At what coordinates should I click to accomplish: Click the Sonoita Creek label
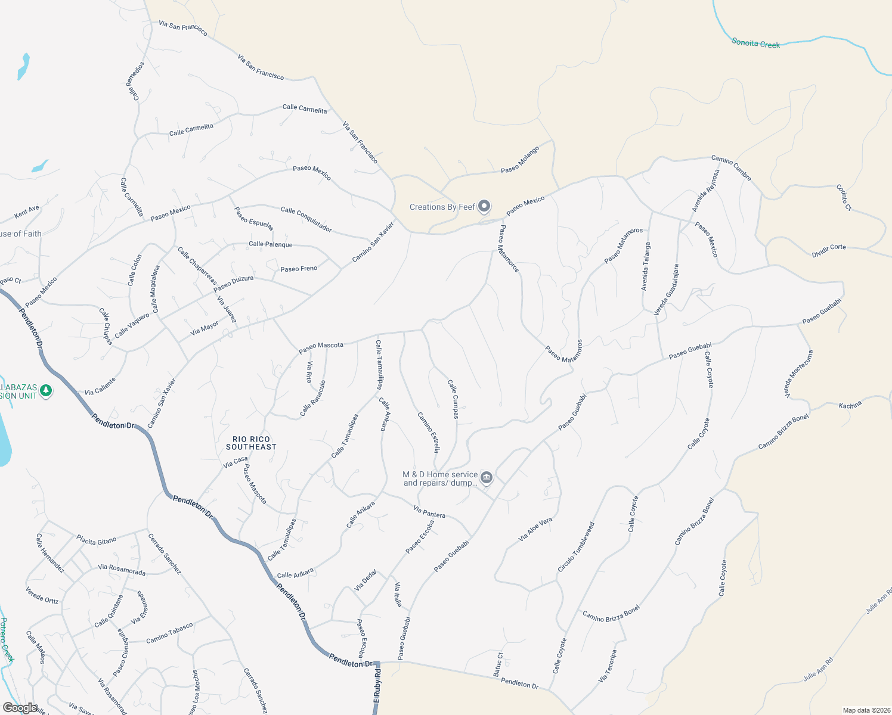(x=755, y=43)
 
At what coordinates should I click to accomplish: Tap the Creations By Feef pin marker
(x=484, y=207)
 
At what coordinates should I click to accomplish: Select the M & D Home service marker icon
(x=487, y=478)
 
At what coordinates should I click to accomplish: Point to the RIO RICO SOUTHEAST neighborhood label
(x=251, y=443)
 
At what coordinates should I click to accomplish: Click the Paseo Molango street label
(x=520, y=160)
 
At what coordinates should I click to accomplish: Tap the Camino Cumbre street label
(x=731, y=167)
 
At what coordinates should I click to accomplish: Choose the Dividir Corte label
(x=828, y=250)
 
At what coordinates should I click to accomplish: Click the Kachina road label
(x=850, y=405)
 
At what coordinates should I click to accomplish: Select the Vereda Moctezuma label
(x=798, y=374)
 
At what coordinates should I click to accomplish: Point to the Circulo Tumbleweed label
(x=576, y=547)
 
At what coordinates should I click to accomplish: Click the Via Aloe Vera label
(x=535, y=529)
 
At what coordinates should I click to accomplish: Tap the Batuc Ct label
(x=498, y=664)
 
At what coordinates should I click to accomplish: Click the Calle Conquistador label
(x=306, y=219)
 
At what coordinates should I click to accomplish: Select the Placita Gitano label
(x=96, y=540)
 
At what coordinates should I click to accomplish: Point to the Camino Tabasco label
(x=169, y=633)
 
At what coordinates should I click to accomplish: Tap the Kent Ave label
(x=27, y=212)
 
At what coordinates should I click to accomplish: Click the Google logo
(x=20, y=707)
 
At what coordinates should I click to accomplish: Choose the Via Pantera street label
(x=429, y=511)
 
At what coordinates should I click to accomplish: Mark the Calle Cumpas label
(x=453, y=399)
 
